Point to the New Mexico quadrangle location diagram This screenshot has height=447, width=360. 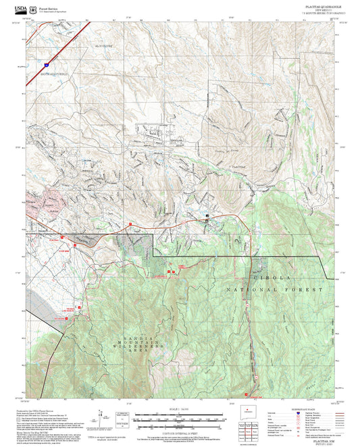[249, 414]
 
